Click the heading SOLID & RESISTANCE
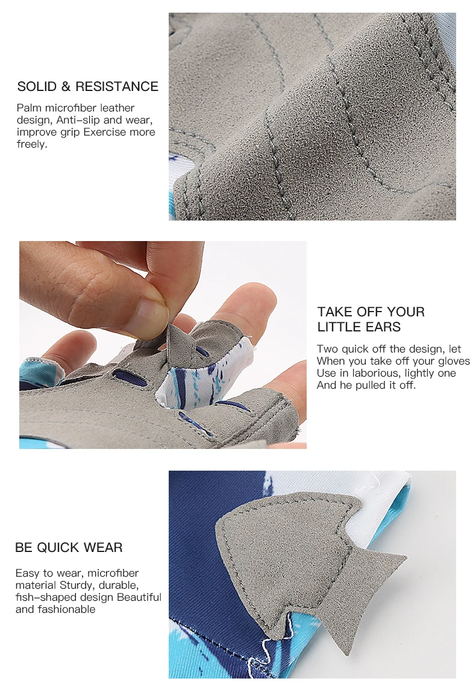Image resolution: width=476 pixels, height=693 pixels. point(87,86)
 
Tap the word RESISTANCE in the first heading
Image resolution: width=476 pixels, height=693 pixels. point(117,86)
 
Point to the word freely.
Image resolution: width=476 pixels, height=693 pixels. point(32,145)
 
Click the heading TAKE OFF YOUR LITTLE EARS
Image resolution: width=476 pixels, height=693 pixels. point(371,319)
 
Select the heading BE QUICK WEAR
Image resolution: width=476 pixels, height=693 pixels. point(69,548)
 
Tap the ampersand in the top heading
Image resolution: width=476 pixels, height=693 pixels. point(66,86)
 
